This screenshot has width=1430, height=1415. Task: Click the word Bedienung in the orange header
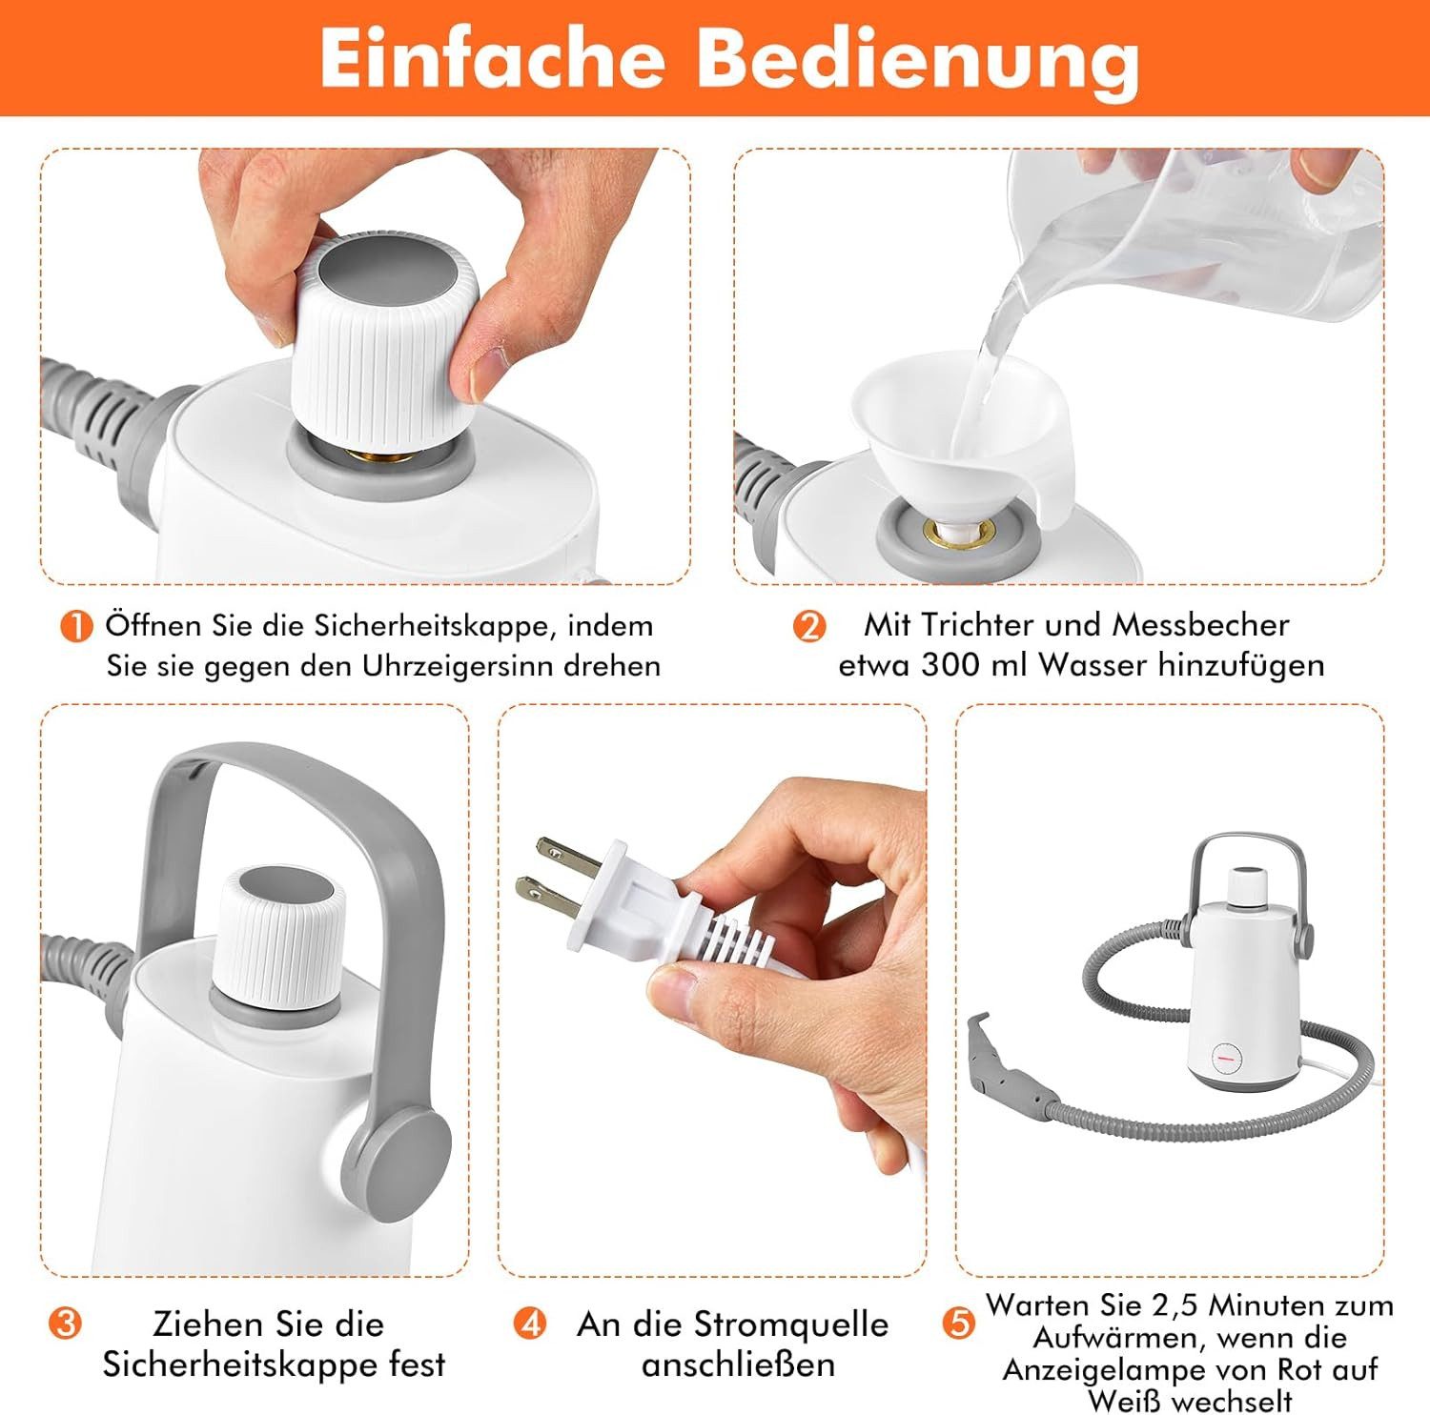coord(919,59)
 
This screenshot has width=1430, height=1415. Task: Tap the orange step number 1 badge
coord(75,627)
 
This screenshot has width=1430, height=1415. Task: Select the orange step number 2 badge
coord(808,627)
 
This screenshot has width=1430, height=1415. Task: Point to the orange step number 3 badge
coord(65,1324)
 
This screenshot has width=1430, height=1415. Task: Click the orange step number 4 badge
coord(529,1324)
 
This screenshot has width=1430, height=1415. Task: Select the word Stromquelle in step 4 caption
coord(790,1324)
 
